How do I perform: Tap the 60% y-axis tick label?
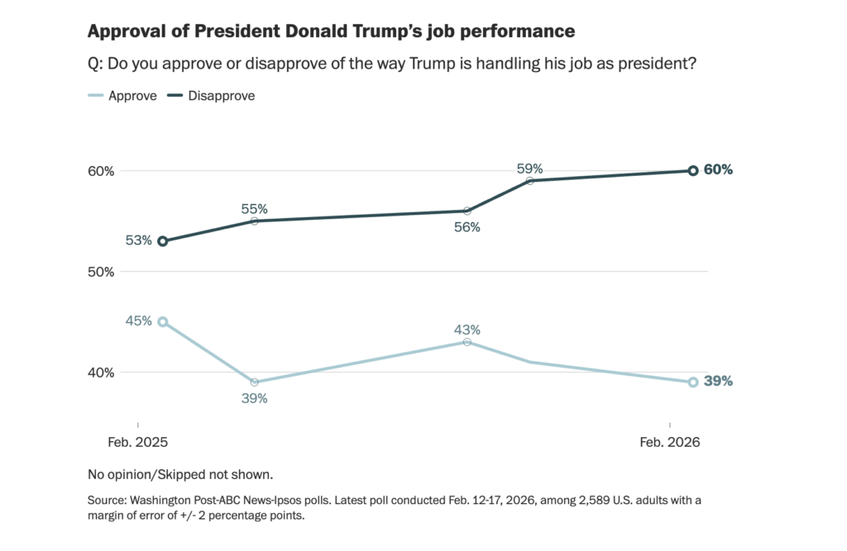100,171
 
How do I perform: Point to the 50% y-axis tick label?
100,272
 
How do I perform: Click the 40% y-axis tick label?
100,372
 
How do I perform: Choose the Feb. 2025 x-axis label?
138,443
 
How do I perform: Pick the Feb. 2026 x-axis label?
670,443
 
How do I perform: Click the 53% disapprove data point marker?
163,241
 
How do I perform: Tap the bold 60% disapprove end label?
718,170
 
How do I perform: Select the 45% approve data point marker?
163,322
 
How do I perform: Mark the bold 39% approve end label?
718,382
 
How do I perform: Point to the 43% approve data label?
467,330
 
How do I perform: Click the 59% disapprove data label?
529,169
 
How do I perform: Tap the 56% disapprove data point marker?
467,211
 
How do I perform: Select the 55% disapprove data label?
255,209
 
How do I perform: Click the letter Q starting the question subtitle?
93,64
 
